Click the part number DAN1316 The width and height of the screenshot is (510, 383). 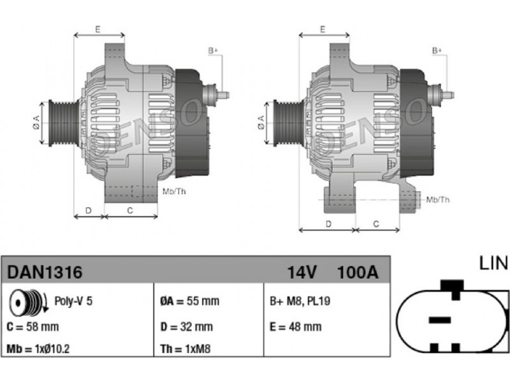(45, 272)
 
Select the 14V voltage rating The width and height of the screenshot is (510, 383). (302, 273)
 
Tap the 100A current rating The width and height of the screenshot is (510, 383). (358, 273)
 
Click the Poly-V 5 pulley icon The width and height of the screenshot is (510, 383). (28, 302)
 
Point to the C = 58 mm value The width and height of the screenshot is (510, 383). (33, 327)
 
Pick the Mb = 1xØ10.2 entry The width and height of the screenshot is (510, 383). (38, 349)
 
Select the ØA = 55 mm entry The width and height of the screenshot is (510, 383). (189, 301)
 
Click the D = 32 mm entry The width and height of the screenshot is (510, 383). (186, 327)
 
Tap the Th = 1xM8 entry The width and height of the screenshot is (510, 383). (186, 349)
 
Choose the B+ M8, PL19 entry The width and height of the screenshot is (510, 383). (300, 301)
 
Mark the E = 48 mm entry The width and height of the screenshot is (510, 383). (295, 327)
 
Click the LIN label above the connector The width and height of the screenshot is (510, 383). (493, 263)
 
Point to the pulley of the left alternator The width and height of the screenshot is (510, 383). (63, 123)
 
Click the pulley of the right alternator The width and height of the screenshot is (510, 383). (288, 123)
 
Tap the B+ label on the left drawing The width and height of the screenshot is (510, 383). (213, 51)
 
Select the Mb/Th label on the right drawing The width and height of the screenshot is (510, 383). (438, 200)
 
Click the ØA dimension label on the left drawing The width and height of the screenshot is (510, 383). (36, 123)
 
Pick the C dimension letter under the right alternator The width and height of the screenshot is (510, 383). (376, 224)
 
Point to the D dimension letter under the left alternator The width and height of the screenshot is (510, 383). (89, 211)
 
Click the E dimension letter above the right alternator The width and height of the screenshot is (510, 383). (323, 29)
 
